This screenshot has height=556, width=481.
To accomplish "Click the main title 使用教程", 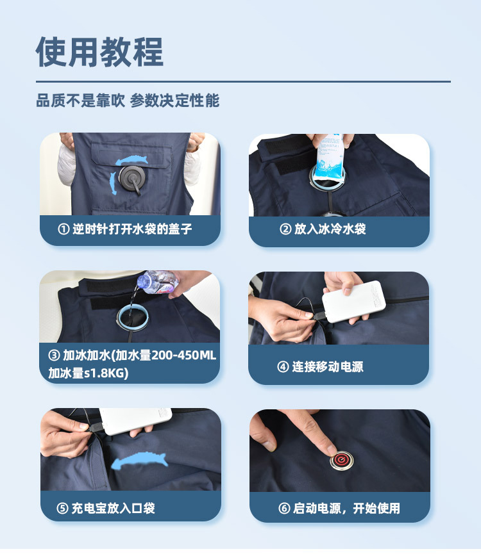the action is coord(99,52).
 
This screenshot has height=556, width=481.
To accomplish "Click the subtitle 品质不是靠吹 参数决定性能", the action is coord(128,101).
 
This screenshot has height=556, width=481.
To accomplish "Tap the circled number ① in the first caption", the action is coord(63,229).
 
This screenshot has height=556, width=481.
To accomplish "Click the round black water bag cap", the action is coord(131,177).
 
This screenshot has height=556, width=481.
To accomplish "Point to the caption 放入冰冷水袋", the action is coord(330,229).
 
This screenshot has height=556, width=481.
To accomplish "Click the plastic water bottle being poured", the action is coord(158,282).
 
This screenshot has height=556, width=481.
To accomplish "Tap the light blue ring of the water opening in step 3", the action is coord(132,316).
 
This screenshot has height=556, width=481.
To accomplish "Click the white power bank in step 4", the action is coord(353,302).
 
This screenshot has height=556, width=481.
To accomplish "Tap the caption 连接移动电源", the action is coord(328,366).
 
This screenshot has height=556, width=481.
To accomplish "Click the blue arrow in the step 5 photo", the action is coord(139,461).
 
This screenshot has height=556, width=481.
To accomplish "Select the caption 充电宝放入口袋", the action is coord(114,508).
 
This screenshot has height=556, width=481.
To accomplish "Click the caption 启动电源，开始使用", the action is coord(346,508).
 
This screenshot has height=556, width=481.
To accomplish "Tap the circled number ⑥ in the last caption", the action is coord(284,508).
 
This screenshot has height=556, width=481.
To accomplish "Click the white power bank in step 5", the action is coord(135,421).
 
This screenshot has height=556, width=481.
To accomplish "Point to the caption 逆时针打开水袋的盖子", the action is coord(132,229).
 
